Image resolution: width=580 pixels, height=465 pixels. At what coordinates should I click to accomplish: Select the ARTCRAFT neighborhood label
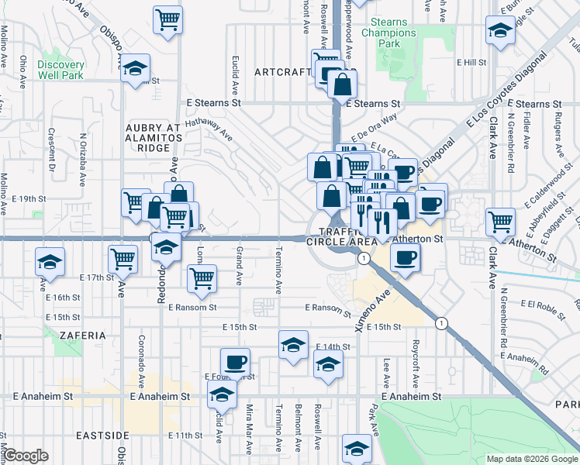283,72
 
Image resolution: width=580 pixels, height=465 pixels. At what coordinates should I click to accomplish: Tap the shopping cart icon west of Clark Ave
500,222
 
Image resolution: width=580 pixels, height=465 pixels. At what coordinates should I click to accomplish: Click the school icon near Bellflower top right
500,32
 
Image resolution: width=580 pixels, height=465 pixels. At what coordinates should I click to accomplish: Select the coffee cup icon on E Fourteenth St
235,361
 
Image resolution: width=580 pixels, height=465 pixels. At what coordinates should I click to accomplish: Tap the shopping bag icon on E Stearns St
342,84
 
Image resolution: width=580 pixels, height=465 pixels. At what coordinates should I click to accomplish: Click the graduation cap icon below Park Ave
357,449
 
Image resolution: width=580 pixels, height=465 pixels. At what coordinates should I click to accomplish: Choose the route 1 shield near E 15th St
441,322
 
